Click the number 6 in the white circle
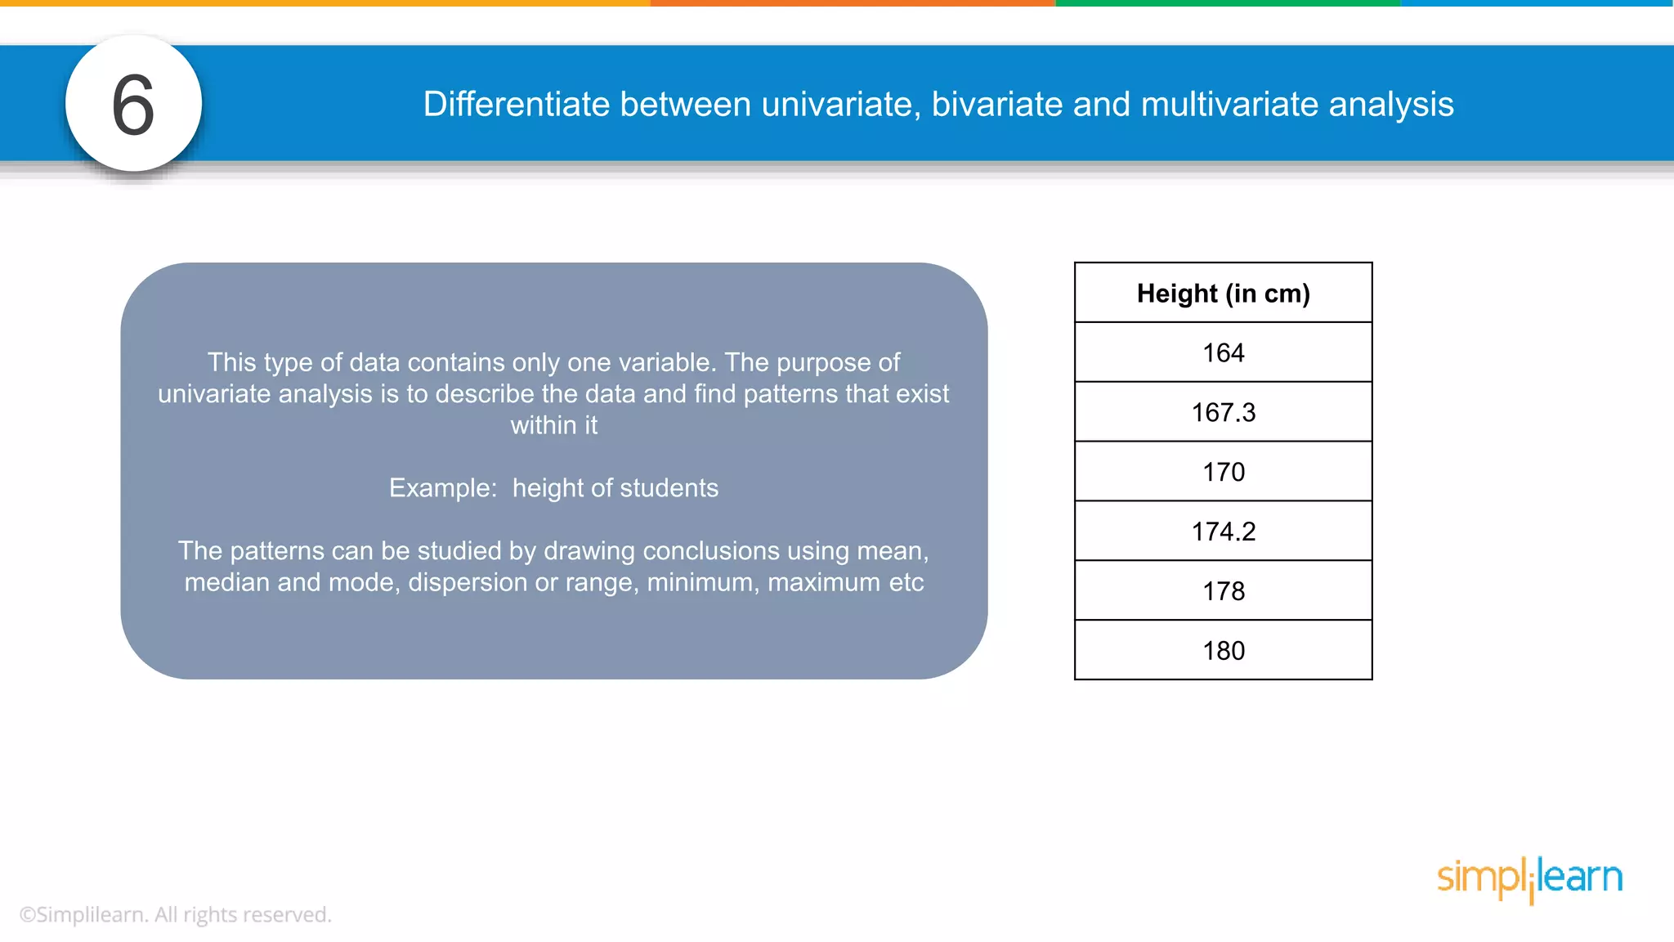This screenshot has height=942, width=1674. pyautogui.click(x=133, y=105)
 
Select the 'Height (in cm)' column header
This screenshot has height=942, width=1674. pyautogui.click(x=1223, y=294)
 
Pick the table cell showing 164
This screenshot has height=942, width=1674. pyautogui.click(x=1223, y=352)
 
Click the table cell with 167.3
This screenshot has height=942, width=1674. pyautogui.click(x=1223, y=412)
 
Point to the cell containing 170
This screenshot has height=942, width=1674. pyautogui.click(x=1223, y=472)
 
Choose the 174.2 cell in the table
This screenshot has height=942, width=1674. pyautogui.click(x=1223, y=532)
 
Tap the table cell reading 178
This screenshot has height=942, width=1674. pyautogui.click(x=1223, y=591)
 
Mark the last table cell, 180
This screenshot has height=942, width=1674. pyautogui.click(x=1223, y=651)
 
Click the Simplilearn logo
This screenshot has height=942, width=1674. pyautogui.click(x=1529, y=878)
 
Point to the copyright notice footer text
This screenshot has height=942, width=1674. pyautogui.click(x=175, y=914)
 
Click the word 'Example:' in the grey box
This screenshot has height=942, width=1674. pyautogui.click(x=443, y=488)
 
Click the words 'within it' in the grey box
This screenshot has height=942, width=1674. pyautogui.click(x=554, y=425)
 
